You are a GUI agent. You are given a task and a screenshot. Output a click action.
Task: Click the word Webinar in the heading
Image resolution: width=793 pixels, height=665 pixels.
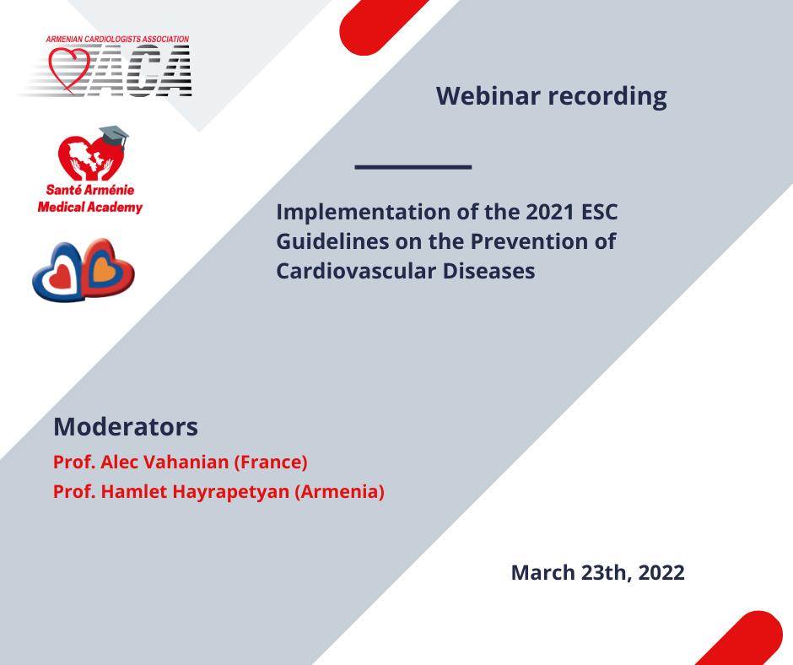pyautogui.click(x=488, y=95)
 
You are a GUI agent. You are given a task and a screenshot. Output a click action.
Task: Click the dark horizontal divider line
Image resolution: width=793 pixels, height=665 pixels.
pyautogui.click(x=413, y=166)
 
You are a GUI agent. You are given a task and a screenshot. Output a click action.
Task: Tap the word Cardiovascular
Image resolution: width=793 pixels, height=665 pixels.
pyautogui.click(x=356, y=271)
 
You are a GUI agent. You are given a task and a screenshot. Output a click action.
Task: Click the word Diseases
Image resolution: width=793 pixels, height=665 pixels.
pyautogui.click(x=488, y=271)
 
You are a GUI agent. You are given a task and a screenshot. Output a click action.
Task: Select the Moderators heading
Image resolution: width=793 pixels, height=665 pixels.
pyautogui.click(x=126, y=427)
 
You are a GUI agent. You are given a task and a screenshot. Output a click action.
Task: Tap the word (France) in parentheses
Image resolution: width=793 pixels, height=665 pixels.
pyautogui.click(x=271, y=462)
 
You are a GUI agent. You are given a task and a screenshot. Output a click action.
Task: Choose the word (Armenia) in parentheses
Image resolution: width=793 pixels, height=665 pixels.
pyautogui.click(x=339, y=492)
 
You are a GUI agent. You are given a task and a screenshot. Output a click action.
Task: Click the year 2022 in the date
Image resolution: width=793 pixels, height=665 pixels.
pyautogui.click(x=661, y=573)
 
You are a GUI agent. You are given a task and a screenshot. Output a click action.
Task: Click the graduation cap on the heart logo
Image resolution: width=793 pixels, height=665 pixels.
pyautogui.click(x=114, y=136)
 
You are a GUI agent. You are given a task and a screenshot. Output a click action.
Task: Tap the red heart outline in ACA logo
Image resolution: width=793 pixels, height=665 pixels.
pyautogui.click(x=69, y=69)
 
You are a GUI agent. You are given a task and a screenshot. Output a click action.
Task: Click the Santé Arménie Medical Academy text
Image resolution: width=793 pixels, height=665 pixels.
pyautogui.click(x=90, y=198)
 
